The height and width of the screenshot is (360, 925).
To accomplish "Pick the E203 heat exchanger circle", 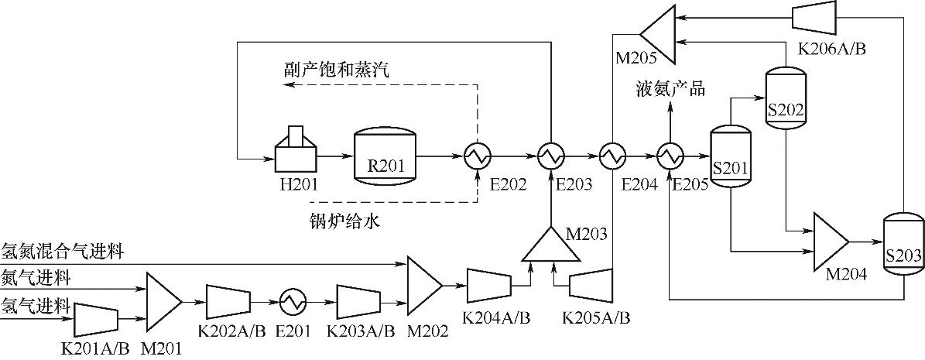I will (550, 156).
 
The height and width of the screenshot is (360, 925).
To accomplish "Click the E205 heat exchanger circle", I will (669, 156).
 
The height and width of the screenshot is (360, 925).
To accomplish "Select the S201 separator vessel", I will (731, 157).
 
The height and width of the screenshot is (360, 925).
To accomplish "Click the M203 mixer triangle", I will (550, 247).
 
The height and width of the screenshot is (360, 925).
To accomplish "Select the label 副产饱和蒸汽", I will (337, 70).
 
